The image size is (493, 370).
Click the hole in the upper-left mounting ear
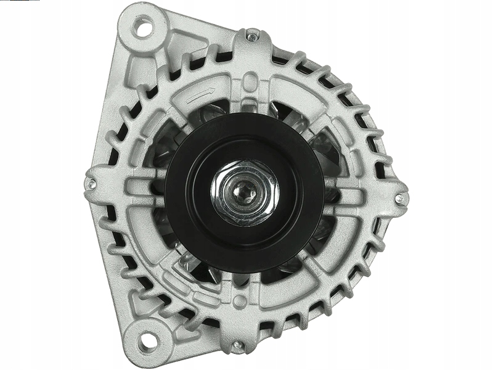click(145, 27)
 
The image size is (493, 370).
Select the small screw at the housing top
click(251, 38)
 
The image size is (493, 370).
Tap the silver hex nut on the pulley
click(245, 192)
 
